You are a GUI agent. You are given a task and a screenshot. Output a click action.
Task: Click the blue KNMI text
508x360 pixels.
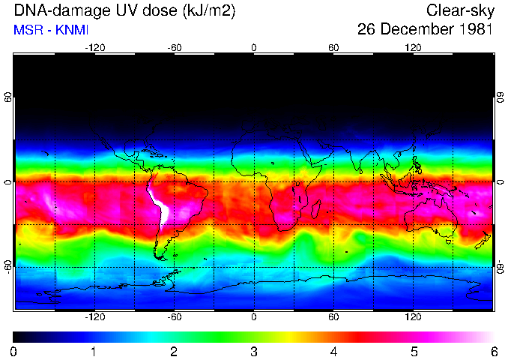click(62, 30)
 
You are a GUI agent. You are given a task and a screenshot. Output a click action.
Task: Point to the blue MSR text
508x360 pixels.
click(27, 30)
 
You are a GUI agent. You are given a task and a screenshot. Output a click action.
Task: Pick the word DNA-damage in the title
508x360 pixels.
click(51, 10)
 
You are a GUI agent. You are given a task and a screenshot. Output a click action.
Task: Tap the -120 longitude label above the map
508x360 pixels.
click(94, 47)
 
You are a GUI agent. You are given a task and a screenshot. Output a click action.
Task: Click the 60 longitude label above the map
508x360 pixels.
click(333, 47)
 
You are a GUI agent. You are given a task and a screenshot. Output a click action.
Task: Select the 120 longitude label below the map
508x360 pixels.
click(414, 317)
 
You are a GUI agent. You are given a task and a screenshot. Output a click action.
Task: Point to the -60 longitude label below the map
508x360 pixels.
click(175, 317)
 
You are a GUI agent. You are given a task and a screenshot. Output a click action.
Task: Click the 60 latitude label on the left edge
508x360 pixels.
click(7, 98)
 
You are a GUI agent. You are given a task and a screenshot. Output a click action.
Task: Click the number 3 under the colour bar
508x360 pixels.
click(254, 351)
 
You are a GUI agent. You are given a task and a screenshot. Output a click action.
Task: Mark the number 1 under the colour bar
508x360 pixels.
click(94, 351)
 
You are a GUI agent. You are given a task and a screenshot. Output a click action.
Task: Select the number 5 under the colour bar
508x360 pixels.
click(414, 351)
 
